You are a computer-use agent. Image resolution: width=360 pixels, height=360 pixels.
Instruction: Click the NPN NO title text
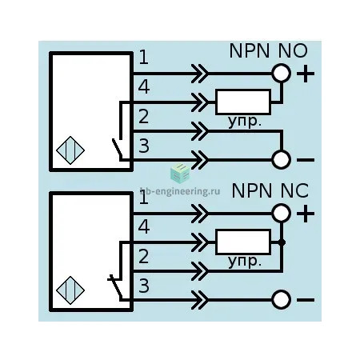[x=268, y=50]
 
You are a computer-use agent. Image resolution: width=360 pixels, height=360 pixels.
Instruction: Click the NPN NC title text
[x=270, y=190]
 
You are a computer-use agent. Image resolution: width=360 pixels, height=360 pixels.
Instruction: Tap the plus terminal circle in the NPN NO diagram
[x=281, y=73]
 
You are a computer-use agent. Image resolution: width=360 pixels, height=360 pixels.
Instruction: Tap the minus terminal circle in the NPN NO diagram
[x=281, y=159]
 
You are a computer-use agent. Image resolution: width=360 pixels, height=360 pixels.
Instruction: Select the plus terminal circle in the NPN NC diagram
[x=281, y=213]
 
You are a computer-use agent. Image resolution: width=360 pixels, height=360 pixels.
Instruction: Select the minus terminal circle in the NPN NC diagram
[x=281, y=299]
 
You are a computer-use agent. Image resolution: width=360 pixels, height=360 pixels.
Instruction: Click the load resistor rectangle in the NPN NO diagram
[x=243, y=102]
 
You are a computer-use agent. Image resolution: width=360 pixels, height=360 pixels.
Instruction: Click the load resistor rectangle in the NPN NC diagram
[x=243, y=242]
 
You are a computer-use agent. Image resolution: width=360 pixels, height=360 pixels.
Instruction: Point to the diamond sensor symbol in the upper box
[x=70, y=150]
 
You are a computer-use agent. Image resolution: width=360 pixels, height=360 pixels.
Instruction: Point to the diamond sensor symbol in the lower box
[x=70, y=290]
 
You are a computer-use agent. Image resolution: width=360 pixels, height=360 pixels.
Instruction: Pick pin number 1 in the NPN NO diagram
[x=144, y=58]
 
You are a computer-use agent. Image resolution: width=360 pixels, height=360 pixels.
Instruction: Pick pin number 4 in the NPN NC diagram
[x=144, y=226]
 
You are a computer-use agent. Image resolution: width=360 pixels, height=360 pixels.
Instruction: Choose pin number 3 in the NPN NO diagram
[x=144, y=146]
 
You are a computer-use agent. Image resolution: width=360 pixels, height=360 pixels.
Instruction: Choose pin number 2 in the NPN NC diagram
[x=144, y=256]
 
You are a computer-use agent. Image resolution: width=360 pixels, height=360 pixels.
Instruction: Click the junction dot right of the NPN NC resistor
[x=282, y=242]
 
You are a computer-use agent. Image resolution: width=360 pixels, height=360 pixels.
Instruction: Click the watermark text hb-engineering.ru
[x=180, y=191]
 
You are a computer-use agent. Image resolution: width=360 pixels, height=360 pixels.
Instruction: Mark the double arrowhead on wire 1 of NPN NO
[x=199, y=74]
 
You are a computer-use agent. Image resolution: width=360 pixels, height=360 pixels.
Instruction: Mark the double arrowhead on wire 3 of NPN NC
[x=199, y=300]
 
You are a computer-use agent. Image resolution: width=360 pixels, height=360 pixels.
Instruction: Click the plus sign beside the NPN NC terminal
[x=306, y=214]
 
